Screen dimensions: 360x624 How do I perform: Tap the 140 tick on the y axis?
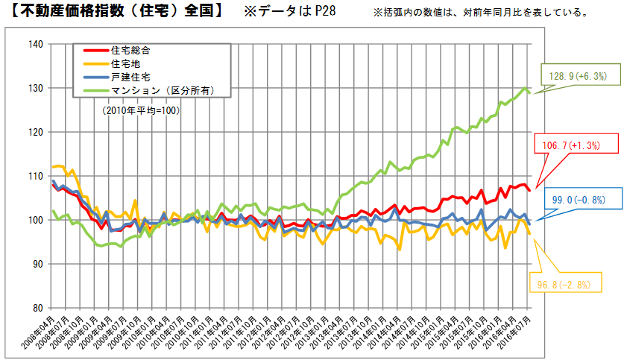34,44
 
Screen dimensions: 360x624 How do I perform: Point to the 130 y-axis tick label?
34,88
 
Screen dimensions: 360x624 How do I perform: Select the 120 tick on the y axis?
34,132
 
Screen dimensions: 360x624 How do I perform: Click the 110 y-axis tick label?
34,176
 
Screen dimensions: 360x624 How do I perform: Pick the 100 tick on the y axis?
34,220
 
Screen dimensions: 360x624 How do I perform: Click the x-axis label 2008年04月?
42,334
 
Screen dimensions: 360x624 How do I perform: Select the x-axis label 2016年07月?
519,334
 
